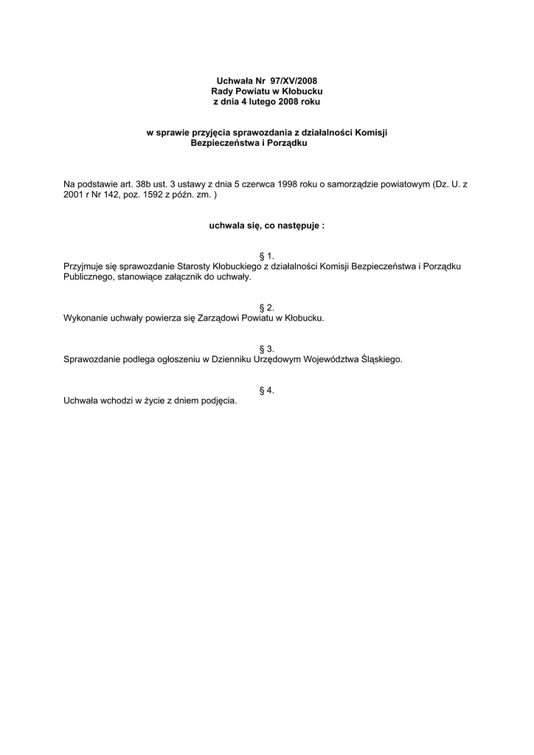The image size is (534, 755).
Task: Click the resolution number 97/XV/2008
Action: pyautogui.click(x=295, y=80)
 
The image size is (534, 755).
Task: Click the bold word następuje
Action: pyautogui.click(x=298, y=226)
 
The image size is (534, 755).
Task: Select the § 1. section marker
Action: pyautogui.click(x=267, y=255)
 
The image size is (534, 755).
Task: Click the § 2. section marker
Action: pyautogui.click(x=267, y=307)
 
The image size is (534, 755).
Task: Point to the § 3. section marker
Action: pyautogui.click(x=267, y=348)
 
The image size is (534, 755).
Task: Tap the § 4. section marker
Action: pyautogui.click(x=267, y=389)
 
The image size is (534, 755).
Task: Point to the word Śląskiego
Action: pyautogui.click(x=381, y=359)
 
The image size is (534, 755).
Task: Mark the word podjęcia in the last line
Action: pyautogui.click(x=218, y=400)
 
